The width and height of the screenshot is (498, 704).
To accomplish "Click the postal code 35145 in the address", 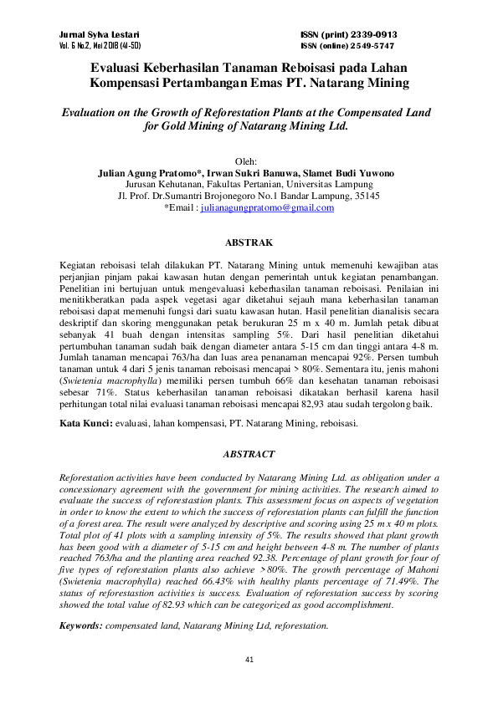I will pos(366,195).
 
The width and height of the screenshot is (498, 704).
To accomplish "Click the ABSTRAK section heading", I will pos(249,242).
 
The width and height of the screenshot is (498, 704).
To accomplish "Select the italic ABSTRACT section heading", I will pos(249,453).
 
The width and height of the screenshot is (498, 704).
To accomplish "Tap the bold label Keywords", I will pos(82,625).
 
